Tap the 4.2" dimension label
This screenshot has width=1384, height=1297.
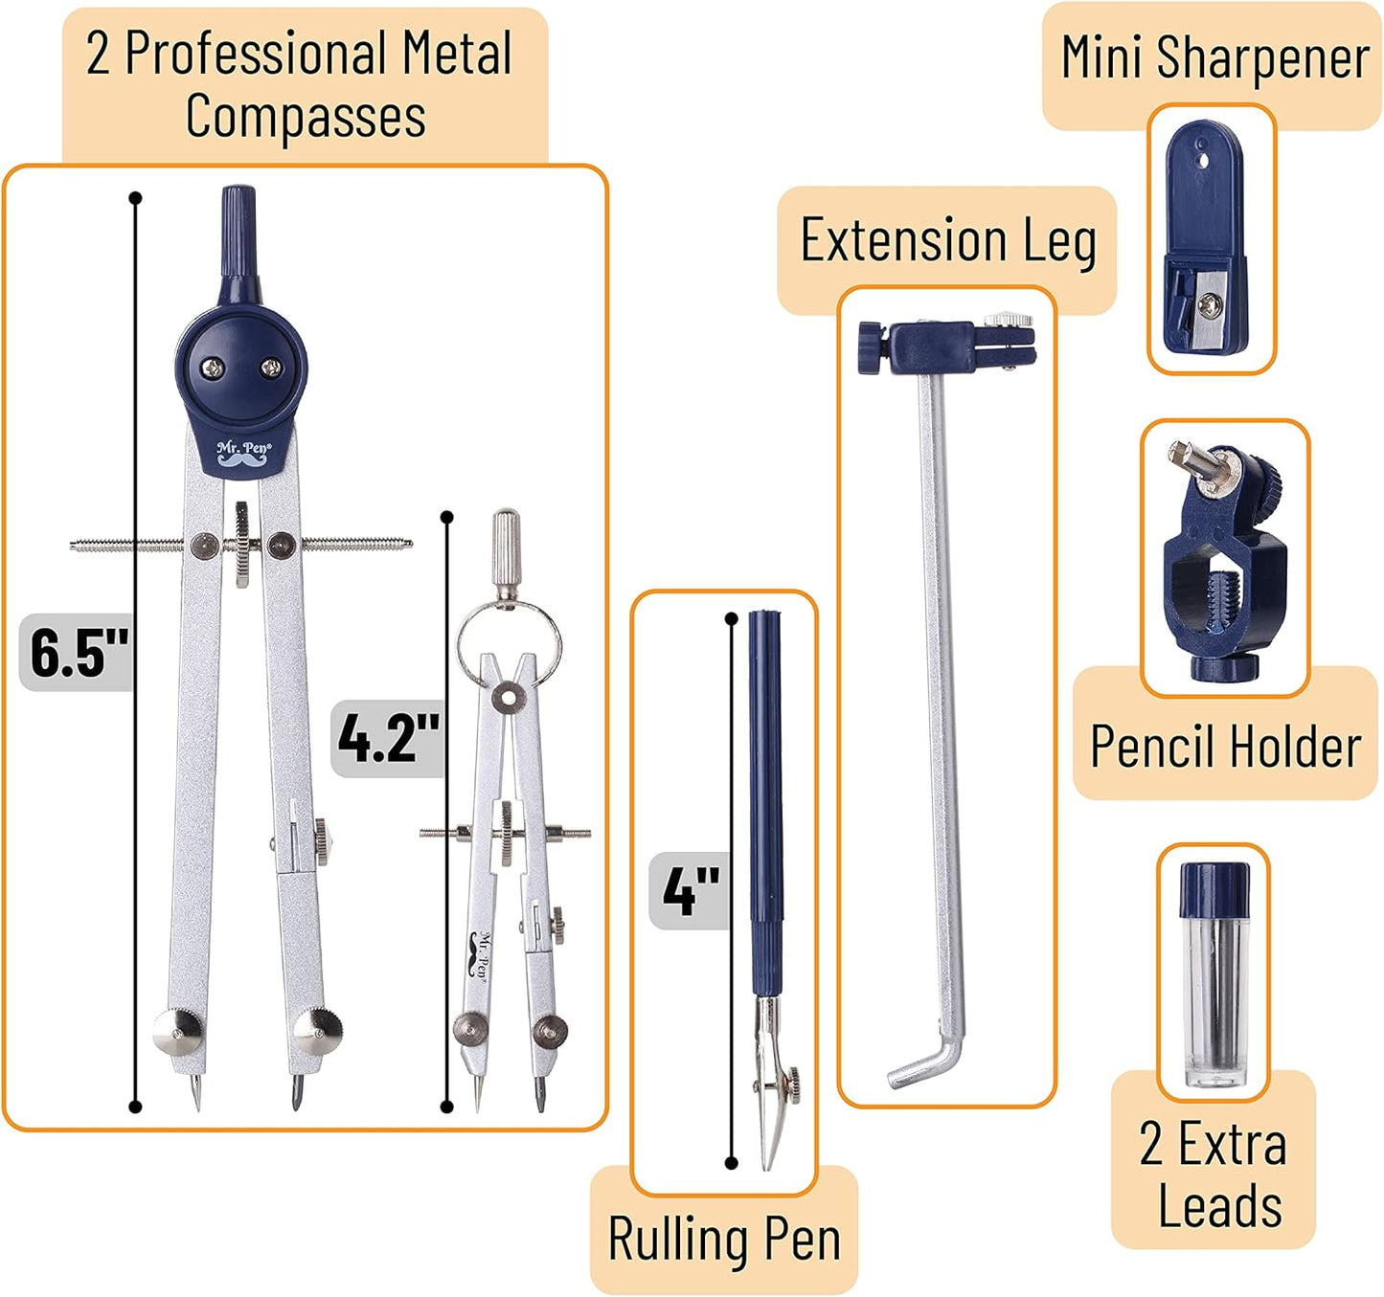coord(388,738)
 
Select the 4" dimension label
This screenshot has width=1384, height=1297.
coord(691,891)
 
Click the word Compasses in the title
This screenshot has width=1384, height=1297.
coord(306,117)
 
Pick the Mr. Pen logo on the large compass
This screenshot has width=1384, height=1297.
coord(243,454)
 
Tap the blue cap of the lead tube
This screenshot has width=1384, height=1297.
coord(1214,889)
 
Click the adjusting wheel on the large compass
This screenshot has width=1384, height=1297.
coord(242,544)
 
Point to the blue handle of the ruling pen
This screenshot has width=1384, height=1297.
coord(765,794)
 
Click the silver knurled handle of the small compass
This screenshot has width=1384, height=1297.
coord(506,549)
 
